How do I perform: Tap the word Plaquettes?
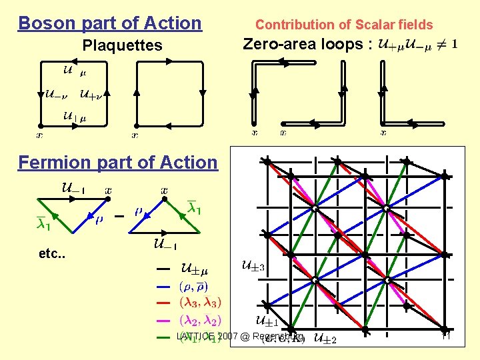[x=122, y=45]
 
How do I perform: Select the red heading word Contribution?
[x=288, y=25]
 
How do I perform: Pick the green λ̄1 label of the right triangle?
[x=194, y=209]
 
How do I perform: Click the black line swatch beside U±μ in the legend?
[x=163, y=269]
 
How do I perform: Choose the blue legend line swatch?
[x=163, y=287]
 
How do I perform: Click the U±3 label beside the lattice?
[x=252, y=267]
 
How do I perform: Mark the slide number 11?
[x=447, y=337]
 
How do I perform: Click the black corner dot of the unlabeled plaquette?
[x=136, y=125]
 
